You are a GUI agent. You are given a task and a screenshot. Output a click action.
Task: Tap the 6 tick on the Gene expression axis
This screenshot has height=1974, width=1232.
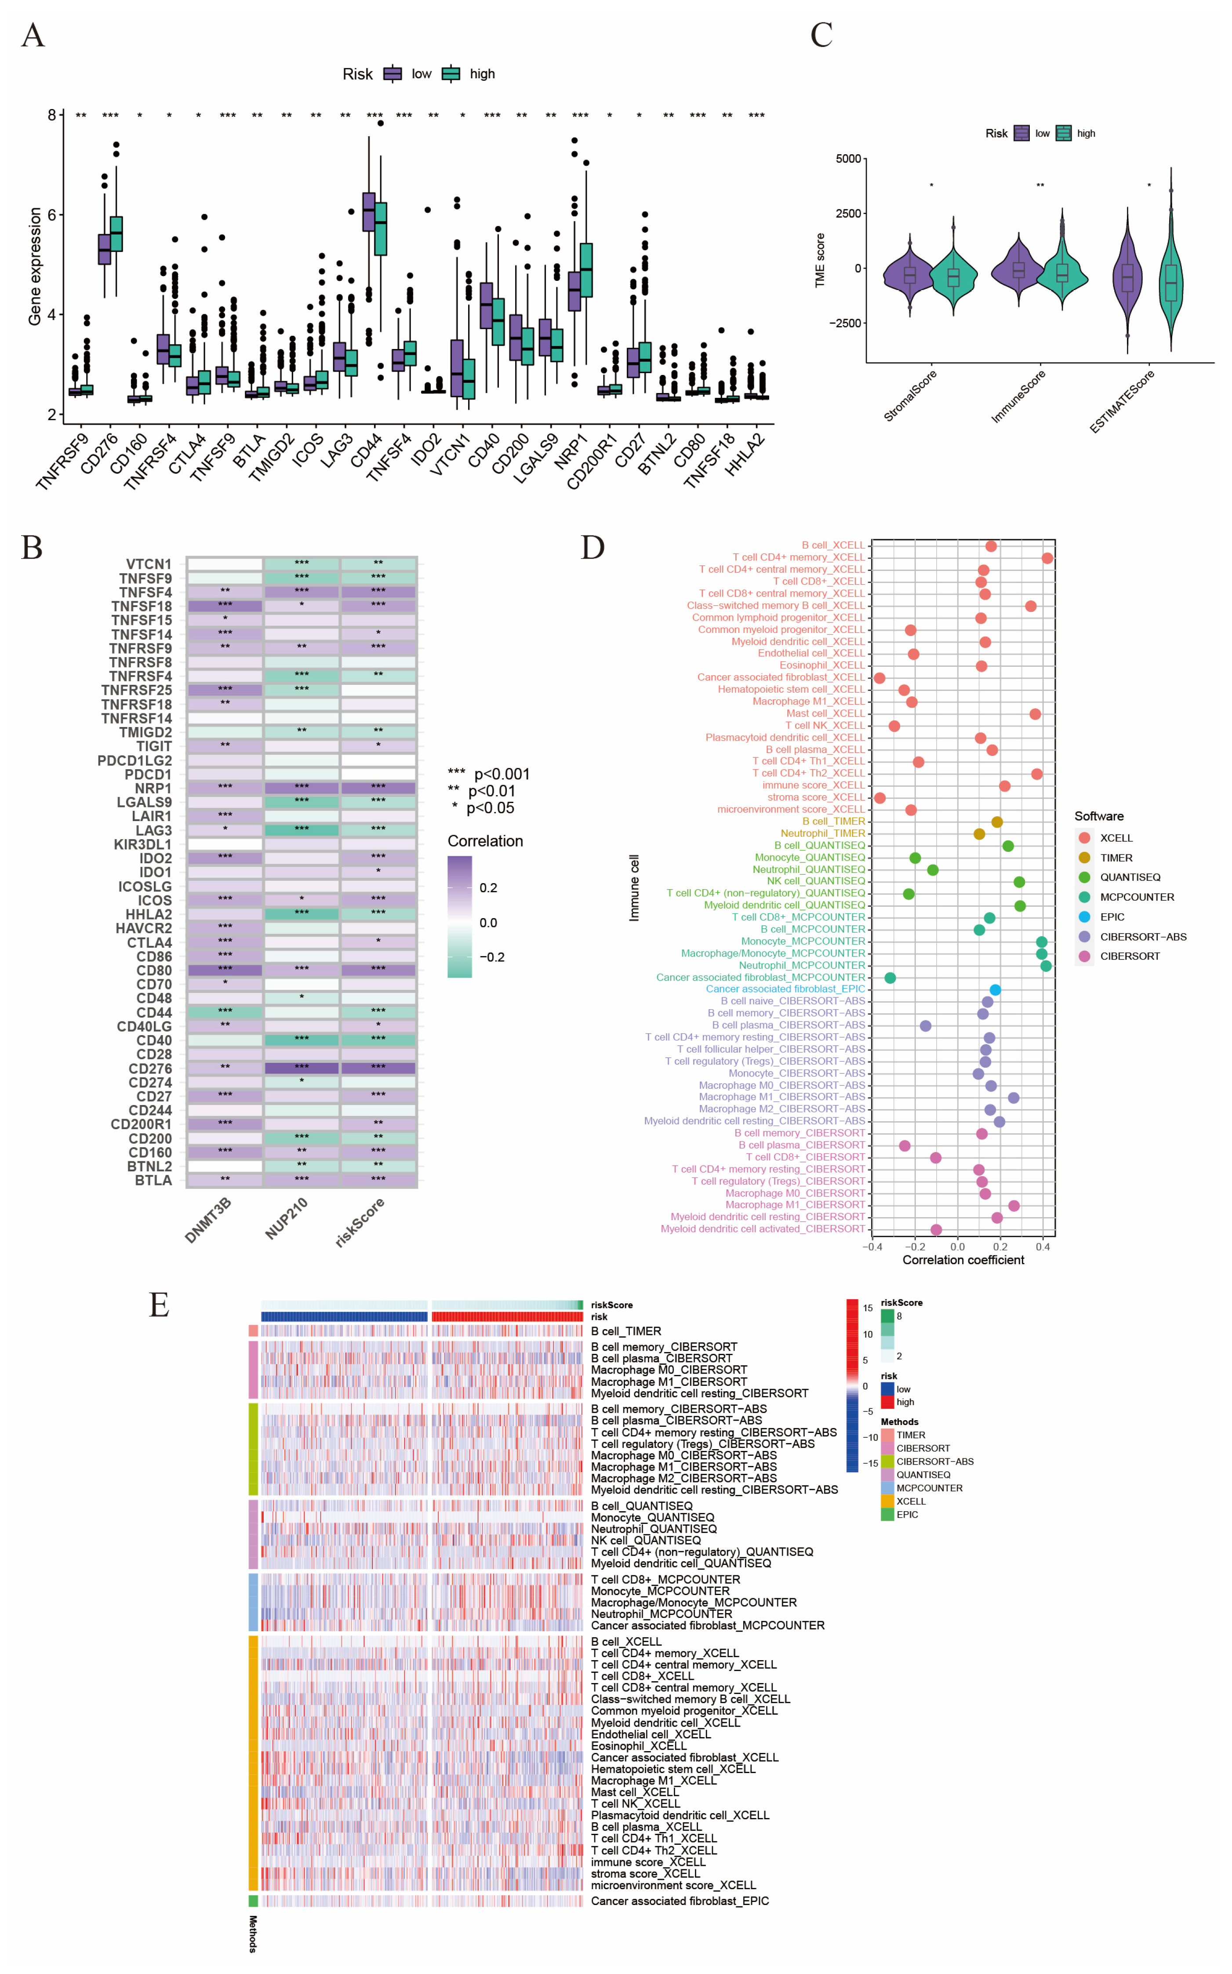point(52,215)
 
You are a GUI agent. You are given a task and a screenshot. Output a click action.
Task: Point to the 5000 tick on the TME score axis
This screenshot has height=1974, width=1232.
point(848,159)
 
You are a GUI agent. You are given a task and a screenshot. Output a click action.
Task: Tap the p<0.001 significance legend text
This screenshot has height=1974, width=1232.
point(501,774)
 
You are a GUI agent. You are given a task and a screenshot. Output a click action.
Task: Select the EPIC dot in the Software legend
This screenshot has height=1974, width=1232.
point(1084,916)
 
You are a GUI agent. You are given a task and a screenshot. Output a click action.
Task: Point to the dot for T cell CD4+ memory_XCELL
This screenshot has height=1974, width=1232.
point(1047,558)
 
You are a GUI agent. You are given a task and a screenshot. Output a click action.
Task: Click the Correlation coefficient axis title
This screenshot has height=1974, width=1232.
point(963,1259)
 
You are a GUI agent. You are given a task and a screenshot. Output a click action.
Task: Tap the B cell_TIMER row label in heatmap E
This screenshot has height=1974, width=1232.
point(626,1331)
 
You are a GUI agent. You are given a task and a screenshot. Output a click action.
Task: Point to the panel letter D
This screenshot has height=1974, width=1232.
point(592,548)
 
